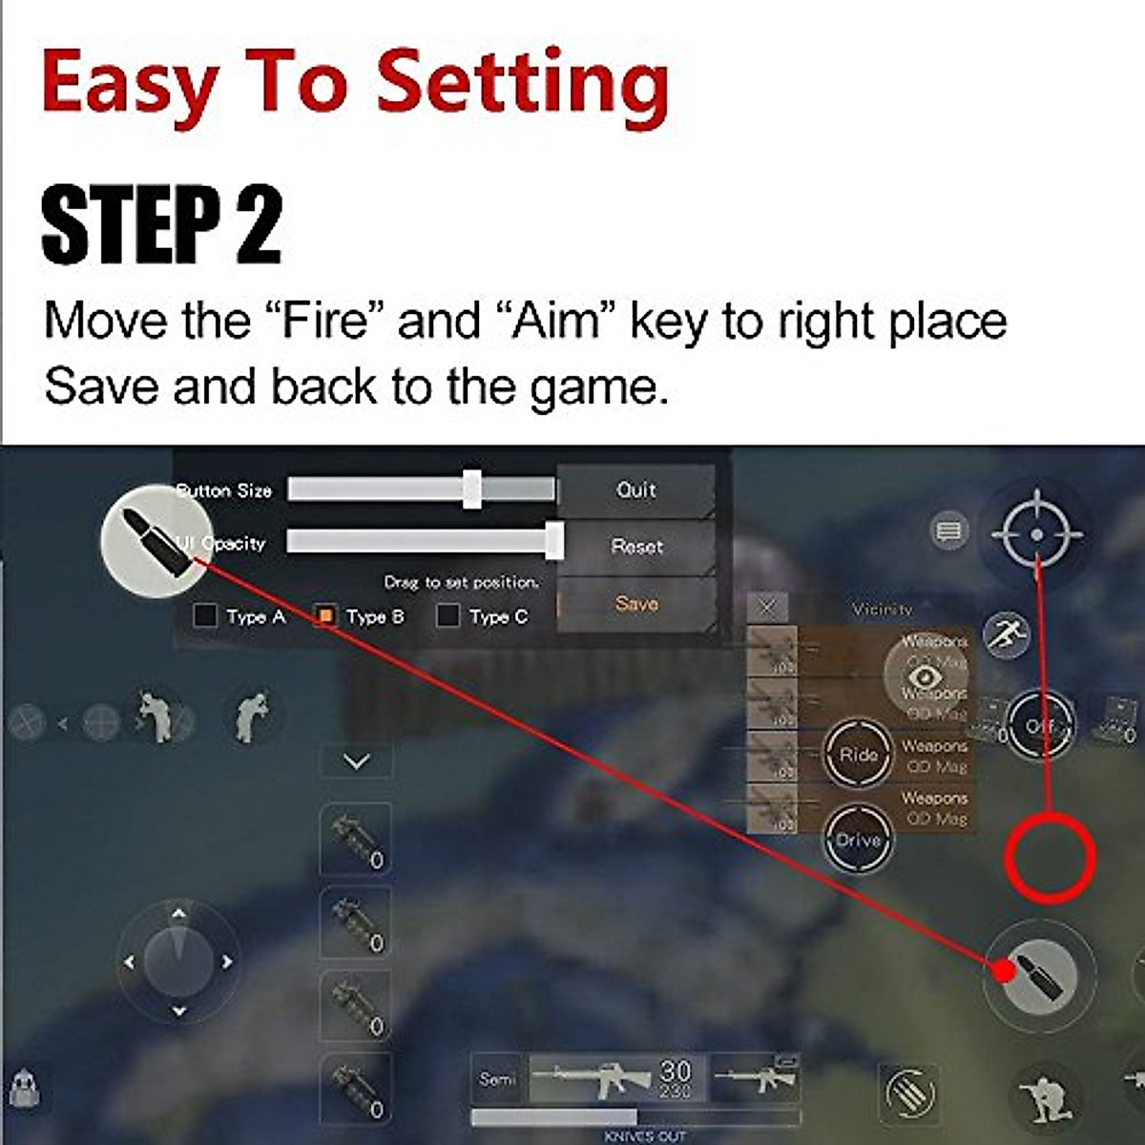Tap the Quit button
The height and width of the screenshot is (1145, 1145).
pyautogui.click(x=635, y=490)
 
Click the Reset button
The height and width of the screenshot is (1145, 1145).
pyautogui.click(x=636, y=547)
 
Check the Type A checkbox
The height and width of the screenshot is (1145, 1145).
pyautogui.click(x=205, y=615)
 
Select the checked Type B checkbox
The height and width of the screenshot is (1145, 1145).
pyautogui.click(x=325, y=615)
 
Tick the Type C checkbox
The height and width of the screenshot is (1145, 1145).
pyautogui.click(x=448, y=615)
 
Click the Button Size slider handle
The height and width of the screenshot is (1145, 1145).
pyautogui.click(x=471, y=489)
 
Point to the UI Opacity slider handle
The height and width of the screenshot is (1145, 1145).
pyautogui.click(x=553, y=541)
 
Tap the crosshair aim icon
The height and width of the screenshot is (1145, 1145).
pyautogui.click(x=1037, y=533)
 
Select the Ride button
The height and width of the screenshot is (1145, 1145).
pyautogui.click(x=857, y=754)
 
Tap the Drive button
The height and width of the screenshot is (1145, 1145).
pyautogui.click(x=857, y=840)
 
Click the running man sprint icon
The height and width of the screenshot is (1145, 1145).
pyautogui.click(x=1007, y=634)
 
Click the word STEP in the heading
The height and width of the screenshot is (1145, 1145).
pyautogui.click(x=129, y=226)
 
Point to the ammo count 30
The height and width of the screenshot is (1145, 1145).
pyautogui.click(x=676, y=1071)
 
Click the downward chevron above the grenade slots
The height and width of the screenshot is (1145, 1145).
pyautogui.click(x=356, y=761)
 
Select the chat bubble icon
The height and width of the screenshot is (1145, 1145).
pyautogui.click(x=948, y=531)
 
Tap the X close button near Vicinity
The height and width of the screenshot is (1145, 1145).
pyautogui.click(x=767, y=607)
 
